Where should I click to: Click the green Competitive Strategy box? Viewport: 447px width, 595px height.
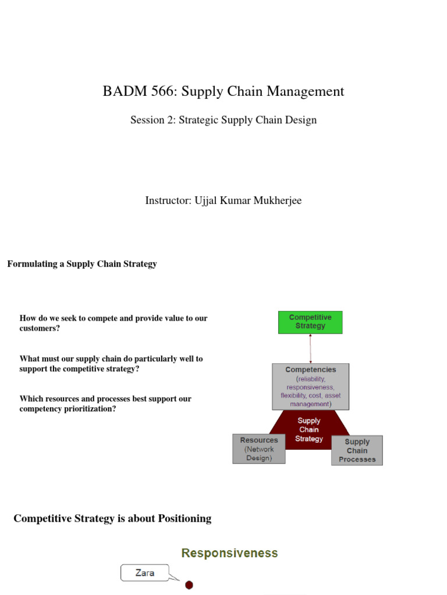point(310,322)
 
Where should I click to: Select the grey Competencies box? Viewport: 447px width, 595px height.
point(310,386)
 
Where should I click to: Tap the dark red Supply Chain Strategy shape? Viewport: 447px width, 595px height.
point(309,429)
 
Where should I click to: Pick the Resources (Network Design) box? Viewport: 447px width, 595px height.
point(259,449)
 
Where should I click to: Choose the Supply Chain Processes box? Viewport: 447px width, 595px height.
point(357,450)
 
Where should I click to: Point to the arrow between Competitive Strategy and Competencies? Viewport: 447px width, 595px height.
point(310,349)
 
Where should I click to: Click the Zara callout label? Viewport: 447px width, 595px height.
point(145,573)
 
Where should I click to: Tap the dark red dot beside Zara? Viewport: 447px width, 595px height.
point(189,585)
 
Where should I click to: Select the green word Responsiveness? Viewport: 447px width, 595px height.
point(229,553)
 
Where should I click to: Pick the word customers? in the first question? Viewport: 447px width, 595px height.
point(39,328)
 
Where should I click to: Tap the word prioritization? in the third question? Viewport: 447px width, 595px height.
point(85,409)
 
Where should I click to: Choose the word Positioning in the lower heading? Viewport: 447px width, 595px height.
point(185,518)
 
